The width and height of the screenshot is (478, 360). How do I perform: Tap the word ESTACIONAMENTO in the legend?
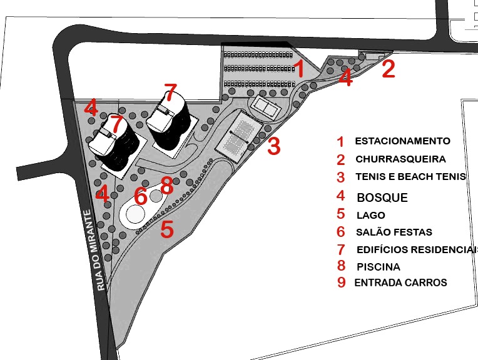(402, 141)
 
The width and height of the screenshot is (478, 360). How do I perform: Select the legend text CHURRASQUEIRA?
(400, 159)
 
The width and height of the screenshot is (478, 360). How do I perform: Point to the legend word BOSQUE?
(382, 198)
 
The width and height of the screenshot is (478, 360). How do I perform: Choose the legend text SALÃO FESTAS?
(394, 232)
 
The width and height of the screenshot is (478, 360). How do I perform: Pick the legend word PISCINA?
(378, 267)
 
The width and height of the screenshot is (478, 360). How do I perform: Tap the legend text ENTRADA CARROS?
(400, 282)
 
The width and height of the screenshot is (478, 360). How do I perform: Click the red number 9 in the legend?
(341, 282)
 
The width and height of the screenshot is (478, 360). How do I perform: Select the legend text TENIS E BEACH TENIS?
(410, 176)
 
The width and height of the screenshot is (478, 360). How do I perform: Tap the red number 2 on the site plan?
(389, 69)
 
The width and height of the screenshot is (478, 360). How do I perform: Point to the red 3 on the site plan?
(273, 147)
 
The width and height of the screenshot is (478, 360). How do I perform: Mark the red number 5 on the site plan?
(166, 229)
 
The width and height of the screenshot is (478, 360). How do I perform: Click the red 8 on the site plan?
(166, 185)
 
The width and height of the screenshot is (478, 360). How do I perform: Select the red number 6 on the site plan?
(141, 196)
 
